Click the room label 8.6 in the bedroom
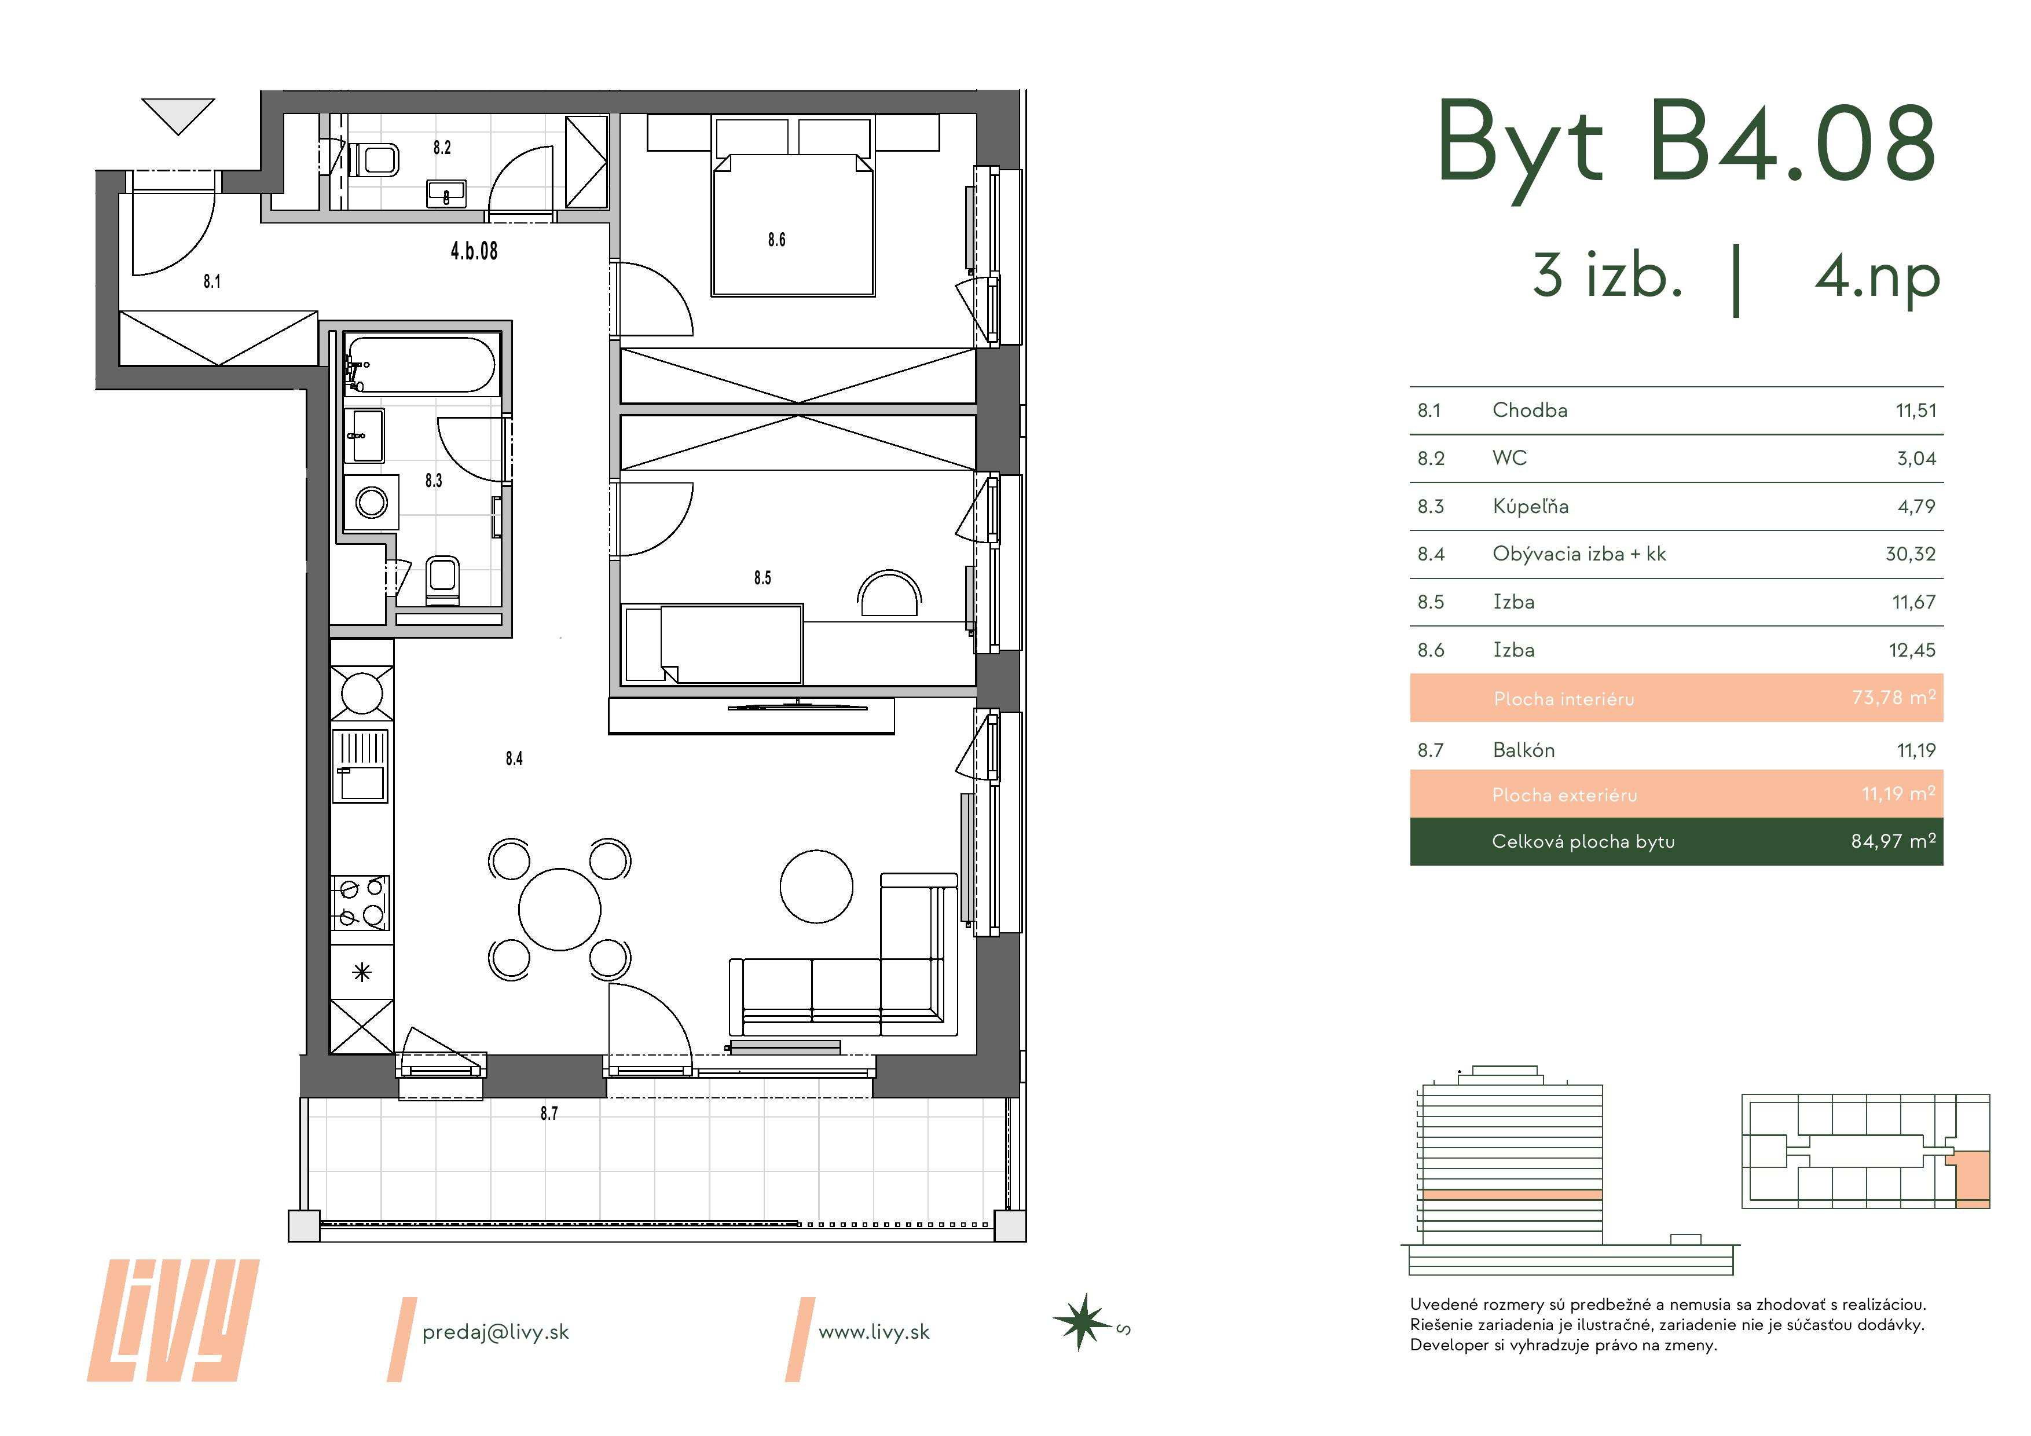tap(776, 240)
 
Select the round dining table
tap(559, 910)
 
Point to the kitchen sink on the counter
tap(360, 765)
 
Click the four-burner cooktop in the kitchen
tap(360, 903)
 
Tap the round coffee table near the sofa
tap(816, 886)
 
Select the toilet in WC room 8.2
tap(374, 160)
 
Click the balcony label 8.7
tap(548, 1113)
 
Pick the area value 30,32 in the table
tap(1910, 555)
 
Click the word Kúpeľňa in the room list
tap(1530, 506)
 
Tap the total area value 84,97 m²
tap(1893, 841)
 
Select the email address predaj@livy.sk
tap(496, 1332)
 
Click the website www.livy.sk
tap(874, 1332)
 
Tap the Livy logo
tap(173, 1320)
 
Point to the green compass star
tap(1080, 1322)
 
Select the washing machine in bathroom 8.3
tap(372, 503)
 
